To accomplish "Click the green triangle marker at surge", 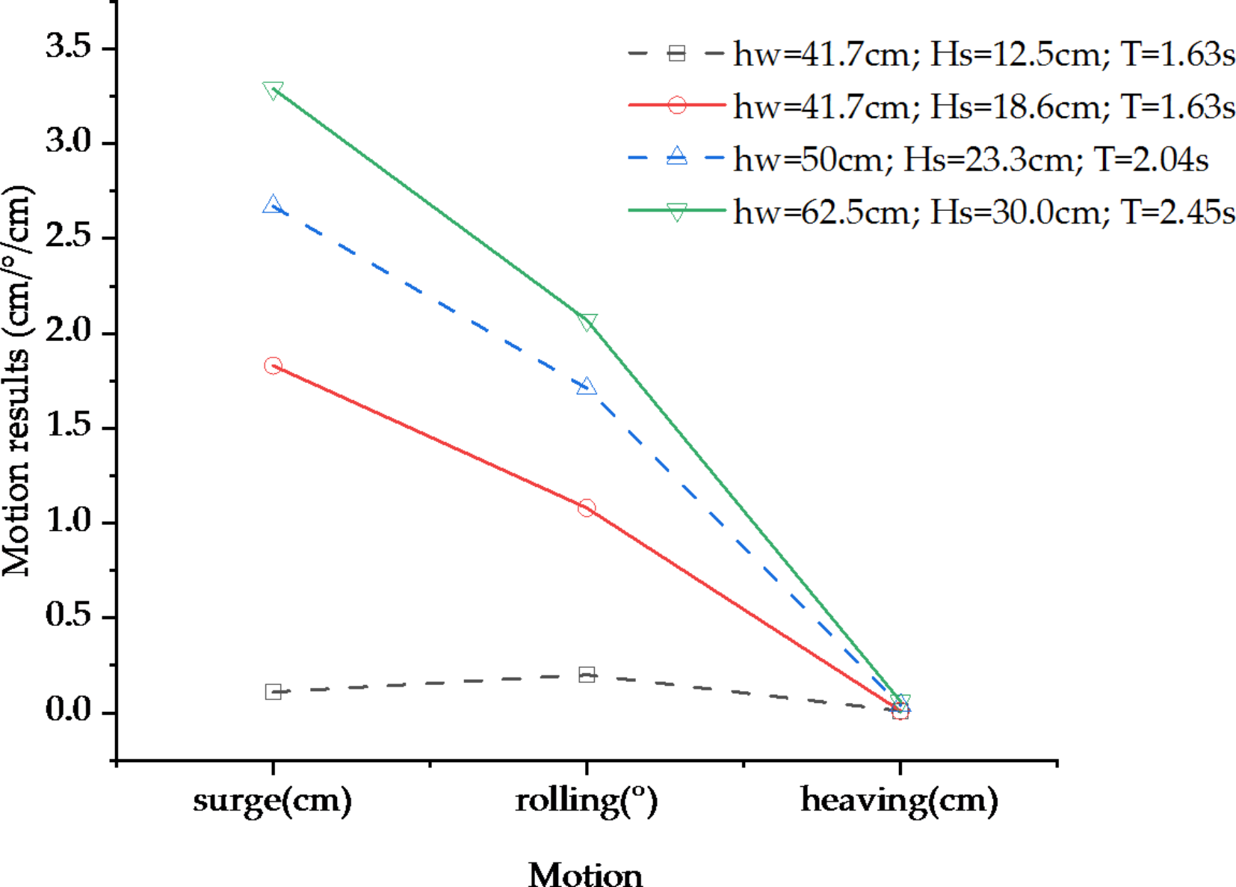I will tap(273, 90).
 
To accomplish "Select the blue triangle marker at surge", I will tap(273, 204).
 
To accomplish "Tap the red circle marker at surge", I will tap(273, 366).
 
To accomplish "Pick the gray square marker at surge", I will tap(273, 692).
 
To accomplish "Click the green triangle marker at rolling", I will tap(587, 322).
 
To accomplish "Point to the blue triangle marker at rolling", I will tap(587, 386).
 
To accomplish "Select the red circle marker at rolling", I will tap(587, 508).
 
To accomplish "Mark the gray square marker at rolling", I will tap(587, 675).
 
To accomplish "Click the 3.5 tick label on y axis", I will tap(68, 46).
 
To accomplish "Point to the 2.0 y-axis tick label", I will tap(68, 331).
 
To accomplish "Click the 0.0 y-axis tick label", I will tap(68, 710).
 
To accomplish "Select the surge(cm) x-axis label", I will tap(272, 799).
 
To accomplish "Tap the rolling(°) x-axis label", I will tap(586, 799).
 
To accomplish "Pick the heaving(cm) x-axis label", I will tap(899, 799).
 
